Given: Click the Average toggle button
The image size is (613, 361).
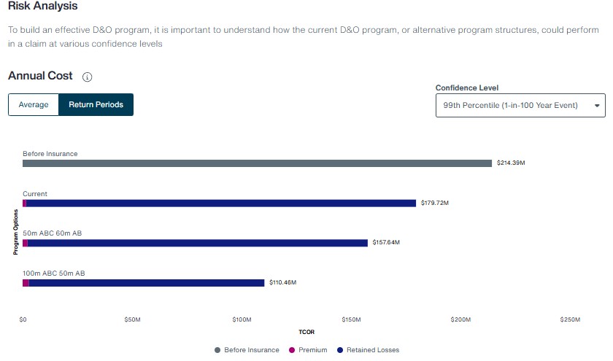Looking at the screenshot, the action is (34, 105).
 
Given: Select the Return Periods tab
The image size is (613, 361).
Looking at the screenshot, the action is (96, 105).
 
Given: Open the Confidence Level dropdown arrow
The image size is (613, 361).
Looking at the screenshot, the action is (597, 106).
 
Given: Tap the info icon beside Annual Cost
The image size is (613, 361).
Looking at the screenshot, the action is (87, 77).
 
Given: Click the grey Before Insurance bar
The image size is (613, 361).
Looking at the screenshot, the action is (257, 163).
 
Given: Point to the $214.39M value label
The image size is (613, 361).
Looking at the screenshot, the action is (511, 163).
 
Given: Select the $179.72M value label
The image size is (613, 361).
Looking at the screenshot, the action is (435, 203).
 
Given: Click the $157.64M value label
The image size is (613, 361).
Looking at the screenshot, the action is (386, 243).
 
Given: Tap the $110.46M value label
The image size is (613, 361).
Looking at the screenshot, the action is (283, 282).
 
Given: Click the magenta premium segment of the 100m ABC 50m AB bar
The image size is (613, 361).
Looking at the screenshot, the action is (26, 283).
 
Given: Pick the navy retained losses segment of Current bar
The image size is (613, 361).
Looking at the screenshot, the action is (221, 203).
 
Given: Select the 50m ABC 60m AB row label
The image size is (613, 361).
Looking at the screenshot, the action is (53, 233).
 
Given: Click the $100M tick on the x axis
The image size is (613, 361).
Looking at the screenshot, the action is (242, 319).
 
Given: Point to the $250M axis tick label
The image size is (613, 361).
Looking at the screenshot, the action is (570, 319).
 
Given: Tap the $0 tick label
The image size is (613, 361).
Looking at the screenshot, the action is (23, 319).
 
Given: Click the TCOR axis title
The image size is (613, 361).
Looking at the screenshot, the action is (306, 332).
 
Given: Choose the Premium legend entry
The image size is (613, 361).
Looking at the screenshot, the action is (308, 350).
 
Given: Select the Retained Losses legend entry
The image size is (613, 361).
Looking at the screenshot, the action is (368, 350).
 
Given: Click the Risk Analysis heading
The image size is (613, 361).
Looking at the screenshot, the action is (42, 6).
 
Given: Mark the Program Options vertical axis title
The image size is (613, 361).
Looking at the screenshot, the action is (15, 232).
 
